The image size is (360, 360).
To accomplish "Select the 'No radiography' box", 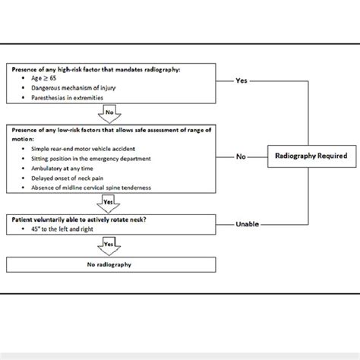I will [108, 265].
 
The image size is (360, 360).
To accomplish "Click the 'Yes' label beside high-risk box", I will [241, 79].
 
